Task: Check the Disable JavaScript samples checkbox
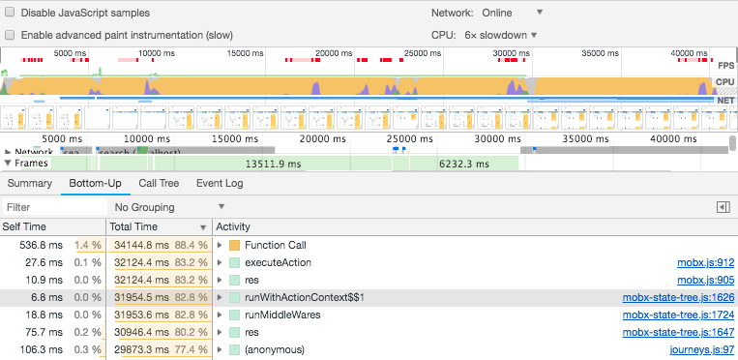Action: (x=10, y=13)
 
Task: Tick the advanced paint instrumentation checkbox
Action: (x=10, y=35)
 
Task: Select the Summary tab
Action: (x=29, y=183)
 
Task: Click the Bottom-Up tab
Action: (x=95, y=183)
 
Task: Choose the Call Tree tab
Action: (x=159, y=183)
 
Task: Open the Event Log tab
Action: (x=220, y=183)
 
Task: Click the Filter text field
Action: (x=53, y=207)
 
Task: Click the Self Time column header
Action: (x=24, y=226)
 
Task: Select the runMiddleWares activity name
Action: (x=282, y=315)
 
